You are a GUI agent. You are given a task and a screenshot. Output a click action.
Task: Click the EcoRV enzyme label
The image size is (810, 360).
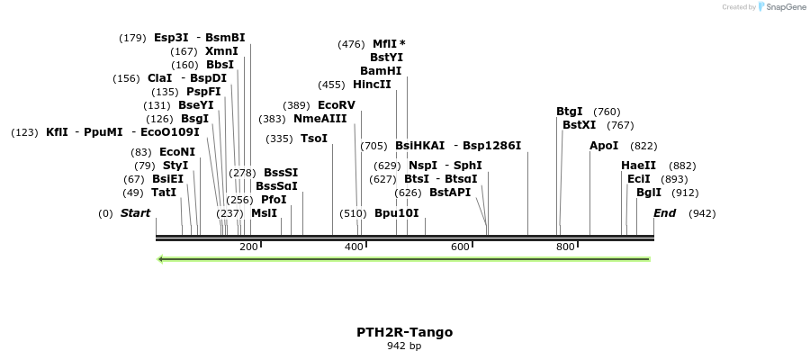click(x=337, y=105)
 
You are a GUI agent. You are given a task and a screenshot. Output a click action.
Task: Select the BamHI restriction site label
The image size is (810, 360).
click(x=381, y=70)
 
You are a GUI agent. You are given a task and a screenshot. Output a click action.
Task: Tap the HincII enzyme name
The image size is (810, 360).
click(x=372, y=85)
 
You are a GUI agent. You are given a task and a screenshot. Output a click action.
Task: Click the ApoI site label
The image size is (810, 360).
click(x=604, y=146)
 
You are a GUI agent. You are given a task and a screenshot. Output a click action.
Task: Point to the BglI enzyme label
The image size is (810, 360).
click(x=648, y=193)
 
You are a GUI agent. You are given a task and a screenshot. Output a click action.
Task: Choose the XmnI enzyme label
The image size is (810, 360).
click(x=221, y=51)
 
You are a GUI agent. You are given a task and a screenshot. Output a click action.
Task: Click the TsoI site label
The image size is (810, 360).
click(x=314, y=139)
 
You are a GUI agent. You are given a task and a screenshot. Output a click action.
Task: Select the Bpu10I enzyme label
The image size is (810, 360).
click(x=396, y=213)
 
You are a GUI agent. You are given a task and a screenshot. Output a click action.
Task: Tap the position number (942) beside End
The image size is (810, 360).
click(x=702, y=213)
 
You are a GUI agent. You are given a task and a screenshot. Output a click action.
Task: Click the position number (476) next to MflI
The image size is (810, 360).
click(x=351, y=44)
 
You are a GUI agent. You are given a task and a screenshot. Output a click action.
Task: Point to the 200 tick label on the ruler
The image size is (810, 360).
click(x=248, y=247)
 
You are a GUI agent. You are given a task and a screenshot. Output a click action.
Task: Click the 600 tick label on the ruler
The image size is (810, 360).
click(x=460, y=247)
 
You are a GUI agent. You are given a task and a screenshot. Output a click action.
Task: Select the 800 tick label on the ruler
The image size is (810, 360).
click(x=565, y=247)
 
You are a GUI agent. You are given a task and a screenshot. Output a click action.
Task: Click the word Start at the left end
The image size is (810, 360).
click(x=135, y=213)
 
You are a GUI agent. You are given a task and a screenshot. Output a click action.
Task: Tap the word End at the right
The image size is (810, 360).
click(x=664, y=213)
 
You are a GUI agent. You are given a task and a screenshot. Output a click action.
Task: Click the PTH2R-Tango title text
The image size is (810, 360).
click(x=404, y=332)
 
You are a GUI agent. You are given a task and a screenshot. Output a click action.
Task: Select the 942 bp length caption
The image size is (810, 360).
click(x=404, y=346)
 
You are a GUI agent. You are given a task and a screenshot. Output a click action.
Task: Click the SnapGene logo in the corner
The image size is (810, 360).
click(x=781, y=7)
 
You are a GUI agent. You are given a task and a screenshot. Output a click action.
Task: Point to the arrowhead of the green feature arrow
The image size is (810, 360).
click(x=160, y=259)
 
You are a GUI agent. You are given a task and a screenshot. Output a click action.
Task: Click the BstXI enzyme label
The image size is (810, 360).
click(x=579, y=125)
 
